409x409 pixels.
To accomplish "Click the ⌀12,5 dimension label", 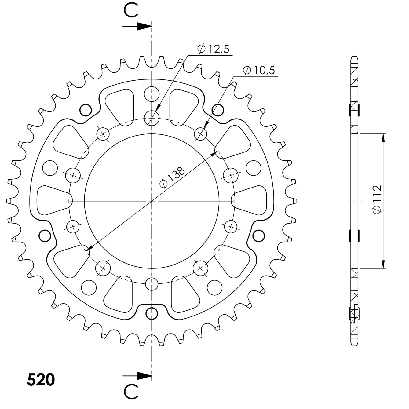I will pos(214,49).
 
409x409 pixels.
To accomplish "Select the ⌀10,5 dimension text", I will pos(259,70).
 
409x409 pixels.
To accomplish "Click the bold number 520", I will pos(41,380).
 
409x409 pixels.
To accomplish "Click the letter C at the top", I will pos(130,10).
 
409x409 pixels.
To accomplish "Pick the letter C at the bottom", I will pos(130,392).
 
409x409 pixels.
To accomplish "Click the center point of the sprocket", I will pos(152,201).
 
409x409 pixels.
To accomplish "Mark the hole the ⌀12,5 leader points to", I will pos(152,117).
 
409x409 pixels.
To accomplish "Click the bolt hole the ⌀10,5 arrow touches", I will pos(201,134).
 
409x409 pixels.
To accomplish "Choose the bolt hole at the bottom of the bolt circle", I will pos(152,284).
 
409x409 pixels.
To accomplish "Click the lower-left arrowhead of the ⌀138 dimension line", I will pos(88,249).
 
